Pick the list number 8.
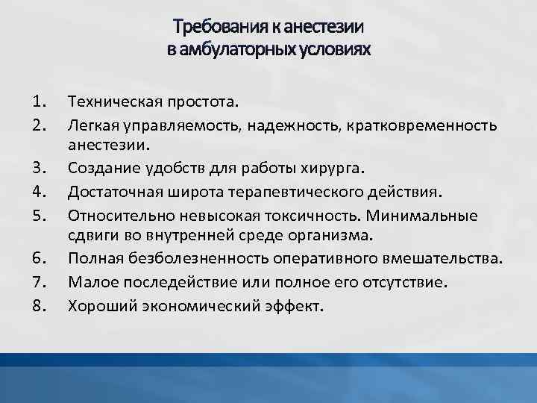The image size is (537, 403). click(40, 305)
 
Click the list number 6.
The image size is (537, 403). click(40, 259)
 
